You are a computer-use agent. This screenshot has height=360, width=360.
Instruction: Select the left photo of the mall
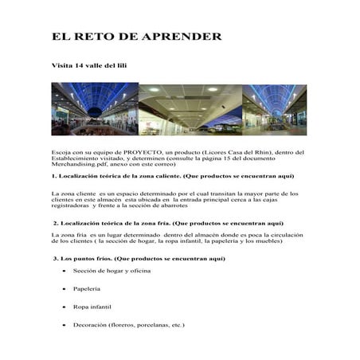click(93, 109)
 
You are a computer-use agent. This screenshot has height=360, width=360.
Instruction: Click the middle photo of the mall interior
click(190, 109)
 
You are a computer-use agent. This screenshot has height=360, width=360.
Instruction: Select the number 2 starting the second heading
click(55, 223)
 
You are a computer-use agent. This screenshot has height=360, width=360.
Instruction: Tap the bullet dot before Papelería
click(63, 289)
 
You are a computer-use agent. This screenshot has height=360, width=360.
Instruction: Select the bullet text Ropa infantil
click(93, 306)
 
